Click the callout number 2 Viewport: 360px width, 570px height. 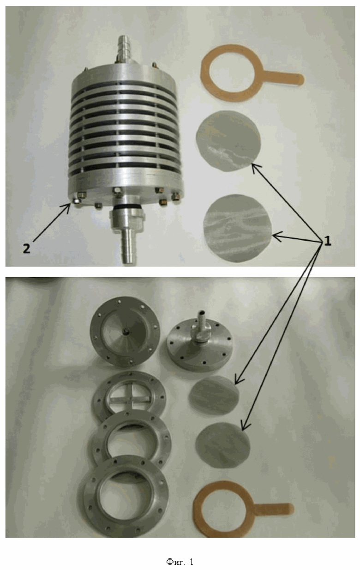point(26,249)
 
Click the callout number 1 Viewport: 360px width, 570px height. point(328,241)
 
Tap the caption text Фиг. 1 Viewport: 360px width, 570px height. point(180,561)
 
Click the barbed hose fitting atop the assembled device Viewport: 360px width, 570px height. point(125,49)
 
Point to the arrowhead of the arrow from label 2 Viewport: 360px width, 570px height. point(69,205)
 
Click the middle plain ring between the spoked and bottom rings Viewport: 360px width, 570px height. point(130,439)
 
